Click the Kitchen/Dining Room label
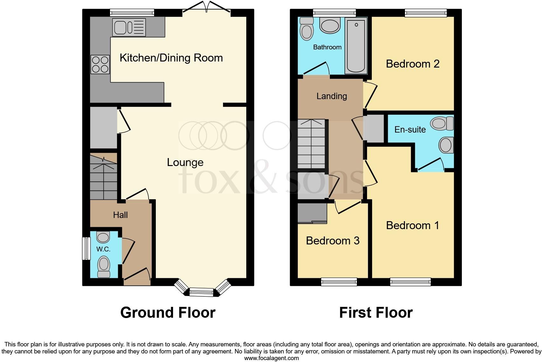(171, 58)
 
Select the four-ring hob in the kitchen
(100, 64)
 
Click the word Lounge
(185, 162)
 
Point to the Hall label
(120, 215)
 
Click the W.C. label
(103, 249)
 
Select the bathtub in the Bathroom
(356, 45)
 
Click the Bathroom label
(327, 47)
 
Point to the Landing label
(331, 96)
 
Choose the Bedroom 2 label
(413, 64)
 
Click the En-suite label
(410, 129)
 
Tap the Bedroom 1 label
(413, 225)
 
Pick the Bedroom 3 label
(332, 240)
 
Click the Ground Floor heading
(168, 313)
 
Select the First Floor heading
(376, 313)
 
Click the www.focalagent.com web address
(271, 358)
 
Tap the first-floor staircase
(311, 144)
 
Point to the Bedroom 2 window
(426, 13)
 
